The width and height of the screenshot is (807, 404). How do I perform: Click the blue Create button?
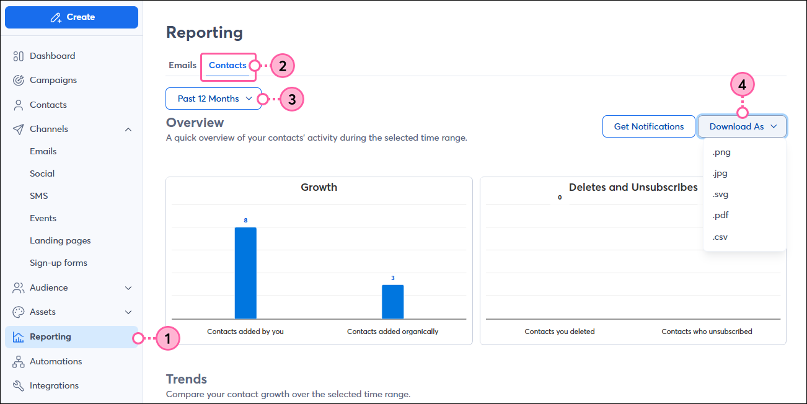(71, 17)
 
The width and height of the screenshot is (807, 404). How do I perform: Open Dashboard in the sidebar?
(52, 56)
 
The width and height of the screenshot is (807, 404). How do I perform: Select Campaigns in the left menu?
(53, 80)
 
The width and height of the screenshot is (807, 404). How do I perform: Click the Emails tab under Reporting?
(182, 65)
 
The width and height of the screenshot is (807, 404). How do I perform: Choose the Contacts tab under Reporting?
(227, 65)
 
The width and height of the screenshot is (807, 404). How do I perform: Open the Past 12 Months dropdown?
(213, 99)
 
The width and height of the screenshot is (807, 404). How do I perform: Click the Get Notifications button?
(648, 126)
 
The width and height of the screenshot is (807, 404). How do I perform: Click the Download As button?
(742, 126)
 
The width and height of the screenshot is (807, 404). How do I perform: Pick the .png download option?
(721, 152)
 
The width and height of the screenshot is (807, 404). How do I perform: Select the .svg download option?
(721, 194)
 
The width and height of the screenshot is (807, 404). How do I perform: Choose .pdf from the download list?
(721, 215)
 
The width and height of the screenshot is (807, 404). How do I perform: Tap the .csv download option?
(720, 236)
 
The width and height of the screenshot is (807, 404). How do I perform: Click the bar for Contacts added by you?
(245, 273)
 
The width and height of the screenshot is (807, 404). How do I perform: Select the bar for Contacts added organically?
(392, 302)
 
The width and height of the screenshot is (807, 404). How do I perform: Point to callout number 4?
(743, 85)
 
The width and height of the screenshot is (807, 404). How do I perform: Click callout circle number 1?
(167, 338)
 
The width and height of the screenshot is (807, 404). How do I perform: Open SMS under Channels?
(38, 196)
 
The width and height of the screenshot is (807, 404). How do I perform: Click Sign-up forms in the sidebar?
(58, 263)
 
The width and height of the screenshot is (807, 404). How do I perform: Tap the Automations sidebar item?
(55, 361)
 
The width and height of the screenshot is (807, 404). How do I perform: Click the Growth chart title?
(319, 187)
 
